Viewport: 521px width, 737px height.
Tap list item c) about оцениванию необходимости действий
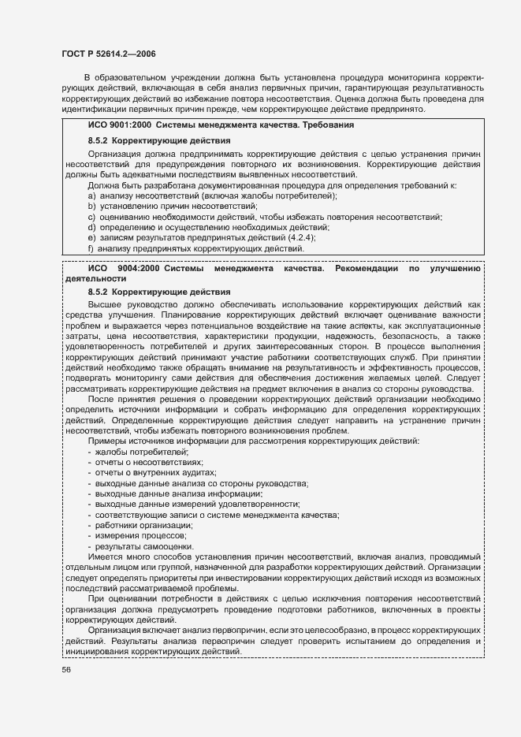265,217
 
